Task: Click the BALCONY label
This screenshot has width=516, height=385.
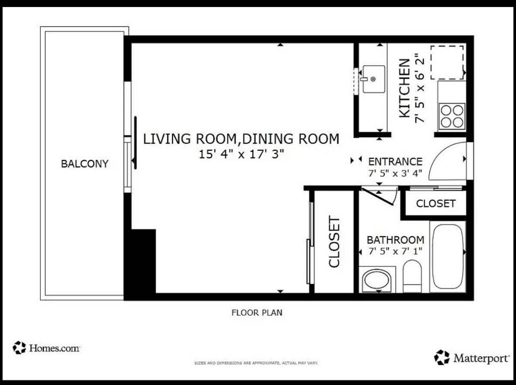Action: coord(85,164)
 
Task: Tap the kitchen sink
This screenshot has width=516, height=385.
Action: coord(373,79)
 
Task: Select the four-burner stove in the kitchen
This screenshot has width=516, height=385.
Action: coord(452,116)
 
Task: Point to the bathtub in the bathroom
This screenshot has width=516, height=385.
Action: coord(448,256)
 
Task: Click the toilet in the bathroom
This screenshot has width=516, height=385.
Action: coord(412,276)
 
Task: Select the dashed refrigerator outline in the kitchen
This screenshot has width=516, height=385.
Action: coord(447,62)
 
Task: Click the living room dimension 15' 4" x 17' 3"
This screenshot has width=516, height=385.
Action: coord(241,154)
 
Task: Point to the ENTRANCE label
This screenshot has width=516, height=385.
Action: coord(395,161)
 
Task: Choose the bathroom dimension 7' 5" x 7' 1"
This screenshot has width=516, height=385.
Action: coord(395,251)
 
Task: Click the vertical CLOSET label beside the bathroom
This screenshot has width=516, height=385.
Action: coord(334,242)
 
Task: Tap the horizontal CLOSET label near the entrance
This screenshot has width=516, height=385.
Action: coord(436,203)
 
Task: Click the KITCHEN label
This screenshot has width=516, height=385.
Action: coord(405,88)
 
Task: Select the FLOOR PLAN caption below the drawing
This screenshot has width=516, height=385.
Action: coord(257,312)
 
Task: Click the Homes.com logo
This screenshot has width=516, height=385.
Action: coord(46,348)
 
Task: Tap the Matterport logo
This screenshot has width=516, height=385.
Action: coord(472,358)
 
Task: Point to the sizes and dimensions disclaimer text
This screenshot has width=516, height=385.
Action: coord(256,363)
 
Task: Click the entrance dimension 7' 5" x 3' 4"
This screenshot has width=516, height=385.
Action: coord(395,174)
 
